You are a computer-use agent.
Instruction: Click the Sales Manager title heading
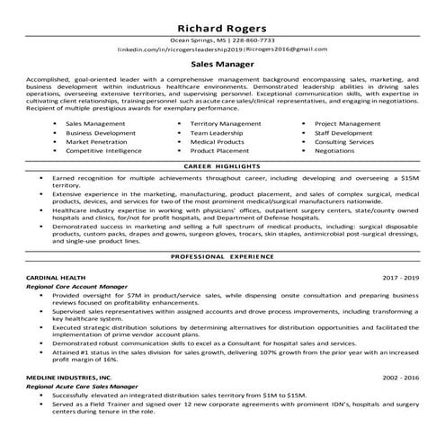(x=221, y=65)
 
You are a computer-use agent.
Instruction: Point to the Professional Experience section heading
(x=221, y=256)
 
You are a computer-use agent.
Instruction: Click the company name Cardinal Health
(x=57, y=279)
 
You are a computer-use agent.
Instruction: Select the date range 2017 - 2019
(x=401, y=279)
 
